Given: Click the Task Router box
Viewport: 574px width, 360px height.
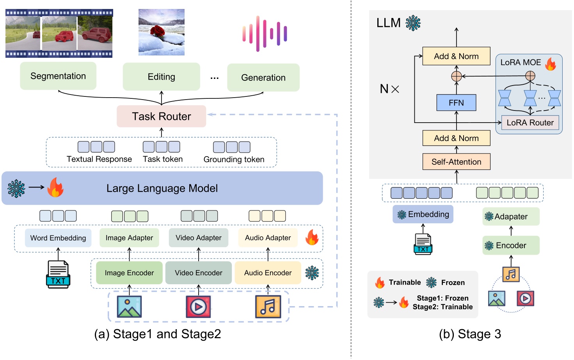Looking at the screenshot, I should pyautogui.click(x=161, y=116).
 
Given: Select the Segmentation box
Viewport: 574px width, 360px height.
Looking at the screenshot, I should pyautogui.click(x=58, y=76).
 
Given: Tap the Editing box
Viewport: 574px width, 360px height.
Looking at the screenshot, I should pyautogui.click(x=161, y=77).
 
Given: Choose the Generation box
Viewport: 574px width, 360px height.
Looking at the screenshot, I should pyautogui.click(x=263, y=78).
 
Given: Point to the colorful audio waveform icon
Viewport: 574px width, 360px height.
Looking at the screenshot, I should pyautogui.click(x=265, y=33).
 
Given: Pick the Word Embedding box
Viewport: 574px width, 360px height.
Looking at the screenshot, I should pyautogui.click(x=58, y=238).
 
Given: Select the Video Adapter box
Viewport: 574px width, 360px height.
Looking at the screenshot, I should pyautogui.click(x=198, y=238).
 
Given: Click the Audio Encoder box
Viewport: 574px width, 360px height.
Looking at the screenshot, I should pyautogui.click(x=268, y=273).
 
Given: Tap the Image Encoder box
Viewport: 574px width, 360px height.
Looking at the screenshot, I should pyautogui.click(x=129, y=273).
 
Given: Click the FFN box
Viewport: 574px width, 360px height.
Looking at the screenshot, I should pyautogui.click(x=456, y=103).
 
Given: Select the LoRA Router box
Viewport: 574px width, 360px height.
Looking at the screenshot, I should pyautogui.click(x=530, y=123).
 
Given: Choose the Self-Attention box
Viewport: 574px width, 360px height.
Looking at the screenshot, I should pyautogui.click(x=456, y=162).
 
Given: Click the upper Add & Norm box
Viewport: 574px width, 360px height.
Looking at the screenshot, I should pyautogui.click(x=456, y=56).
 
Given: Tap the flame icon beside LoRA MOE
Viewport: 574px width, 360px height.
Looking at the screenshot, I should pyautogui.click(x=551, y=64).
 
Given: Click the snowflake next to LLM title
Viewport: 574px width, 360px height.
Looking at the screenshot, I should pyautogui.click(x=413, y=23).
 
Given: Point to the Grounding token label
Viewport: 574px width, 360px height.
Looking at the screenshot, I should pyautogui.click(x=234, y=159).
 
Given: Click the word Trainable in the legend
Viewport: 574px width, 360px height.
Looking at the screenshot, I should pyautogui.click(x=405, y=282).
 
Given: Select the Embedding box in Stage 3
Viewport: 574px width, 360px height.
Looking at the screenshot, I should pyautogui.click(x=423, y=214).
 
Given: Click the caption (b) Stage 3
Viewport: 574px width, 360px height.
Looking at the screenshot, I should pyautogui.click(x=470, y=334).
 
